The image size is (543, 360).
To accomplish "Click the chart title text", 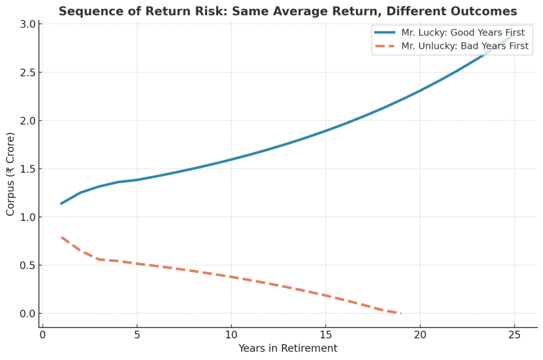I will [x=287, y=11].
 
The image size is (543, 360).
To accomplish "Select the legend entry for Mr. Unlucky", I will [x=465, y=46].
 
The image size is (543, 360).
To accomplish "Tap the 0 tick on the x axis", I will [x=43, y=335].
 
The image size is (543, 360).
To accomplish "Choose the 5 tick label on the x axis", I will [x=137, y=335].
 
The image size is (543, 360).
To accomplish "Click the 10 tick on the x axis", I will [x=231, y=335].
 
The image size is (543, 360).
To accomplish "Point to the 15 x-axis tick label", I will [x=326, y=335].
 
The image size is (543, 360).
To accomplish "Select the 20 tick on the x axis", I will [x=420, y=335].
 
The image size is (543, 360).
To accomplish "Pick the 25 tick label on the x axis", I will [x=514, y=335].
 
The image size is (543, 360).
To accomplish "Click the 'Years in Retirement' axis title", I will [x=287, y=348].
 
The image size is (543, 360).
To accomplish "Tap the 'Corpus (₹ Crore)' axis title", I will [x=11, y=173].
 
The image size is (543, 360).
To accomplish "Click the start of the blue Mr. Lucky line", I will [x=62, y=204].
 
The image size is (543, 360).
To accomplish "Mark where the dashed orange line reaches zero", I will [x=401, y=313].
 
